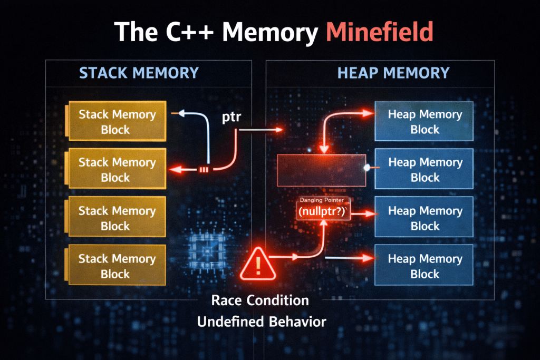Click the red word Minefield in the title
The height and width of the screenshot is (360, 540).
(379, 32)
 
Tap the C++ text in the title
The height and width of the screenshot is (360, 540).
(189, 32)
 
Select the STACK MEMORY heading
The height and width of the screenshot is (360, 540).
(139, 73)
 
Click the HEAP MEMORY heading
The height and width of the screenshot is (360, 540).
(393, 73)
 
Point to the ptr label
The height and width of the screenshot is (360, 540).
(232, 118)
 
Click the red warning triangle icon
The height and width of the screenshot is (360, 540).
(258, 265)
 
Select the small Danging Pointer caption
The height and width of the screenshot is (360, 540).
(322, 200)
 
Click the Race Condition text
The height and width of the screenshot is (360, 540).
(260, 300)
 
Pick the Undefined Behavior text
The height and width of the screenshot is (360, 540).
(262, 322)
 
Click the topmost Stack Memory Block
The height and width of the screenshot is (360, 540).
(115, 121)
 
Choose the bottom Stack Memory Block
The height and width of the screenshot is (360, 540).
(115, 265)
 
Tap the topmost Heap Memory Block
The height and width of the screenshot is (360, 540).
(424, 121)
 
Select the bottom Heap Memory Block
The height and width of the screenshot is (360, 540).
(424, 265)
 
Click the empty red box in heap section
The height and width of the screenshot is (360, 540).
(322, 170)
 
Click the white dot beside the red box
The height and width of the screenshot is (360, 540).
(367, 168)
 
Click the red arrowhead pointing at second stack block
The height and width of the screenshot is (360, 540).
(176, 169)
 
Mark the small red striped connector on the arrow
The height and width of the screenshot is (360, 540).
(204, 169)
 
